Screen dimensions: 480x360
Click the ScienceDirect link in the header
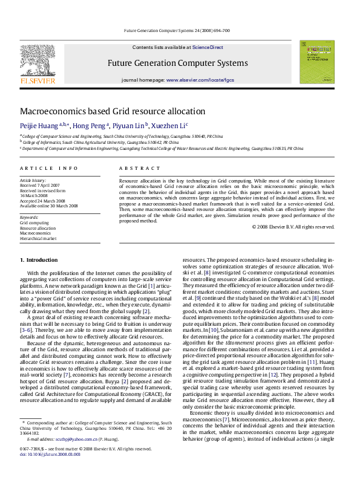click(208, 47)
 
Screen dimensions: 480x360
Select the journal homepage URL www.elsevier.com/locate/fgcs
click(200, 80)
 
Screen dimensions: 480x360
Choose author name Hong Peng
click(90, 126)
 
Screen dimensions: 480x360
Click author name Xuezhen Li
click(168, 126)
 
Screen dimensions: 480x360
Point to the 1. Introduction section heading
click(39, 260)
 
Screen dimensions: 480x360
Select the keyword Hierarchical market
click(38, 239)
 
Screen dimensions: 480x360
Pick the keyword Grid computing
click(34, 222)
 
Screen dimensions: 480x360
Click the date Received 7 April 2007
click(40, 185)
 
